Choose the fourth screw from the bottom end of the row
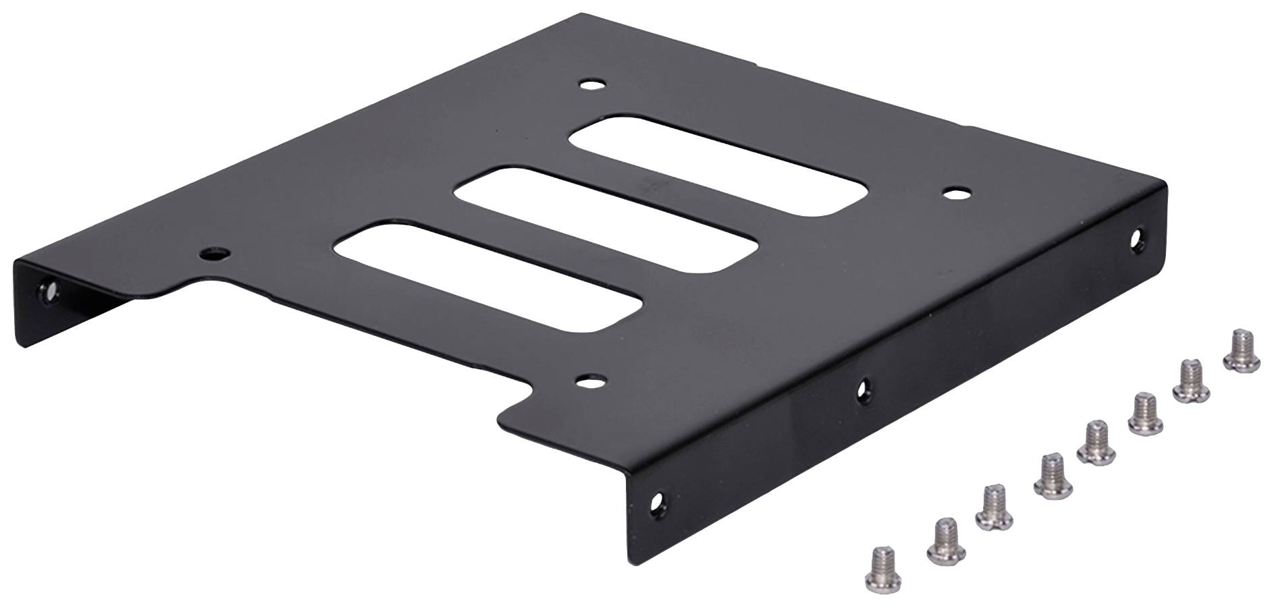(1049, 478)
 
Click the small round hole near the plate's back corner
(593, 86)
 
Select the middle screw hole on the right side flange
(864, 388)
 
